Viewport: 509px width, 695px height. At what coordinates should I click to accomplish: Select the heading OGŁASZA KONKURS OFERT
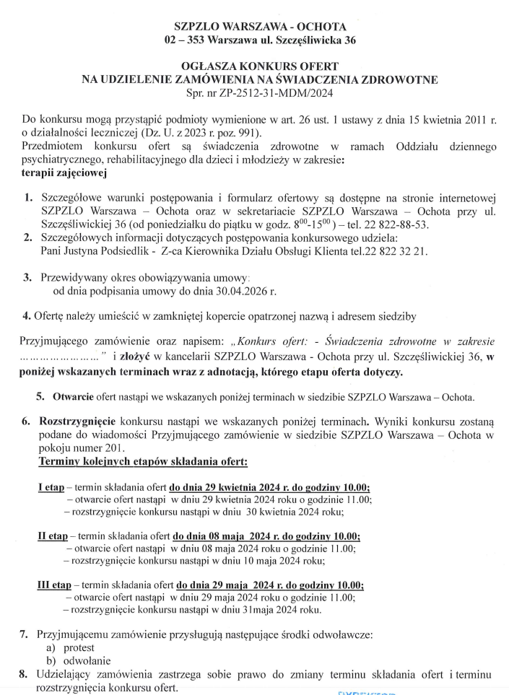coord(254,66)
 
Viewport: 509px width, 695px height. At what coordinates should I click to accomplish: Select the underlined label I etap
coord(51,486)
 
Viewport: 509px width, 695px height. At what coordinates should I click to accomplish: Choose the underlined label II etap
coord(53,536)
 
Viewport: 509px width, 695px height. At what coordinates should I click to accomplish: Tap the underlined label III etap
coord(54,585)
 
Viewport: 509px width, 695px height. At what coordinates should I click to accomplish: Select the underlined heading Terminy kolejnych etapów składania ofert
coord(143,461)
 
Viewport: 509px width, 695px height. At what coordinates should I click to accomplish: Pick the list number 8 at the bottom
coord(23,674)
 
